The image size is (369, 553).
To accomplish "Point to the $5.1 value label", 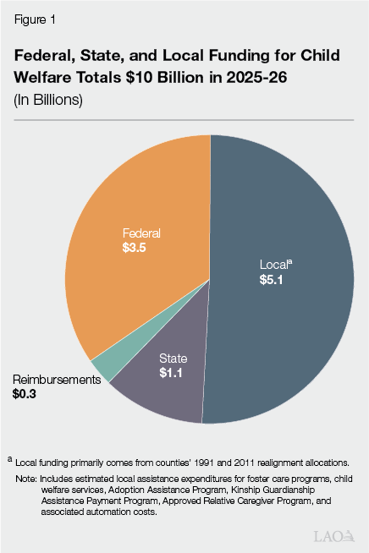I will tap(273, 279).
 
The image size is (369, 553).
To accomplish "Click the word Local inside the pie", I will tap(273, 265).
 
